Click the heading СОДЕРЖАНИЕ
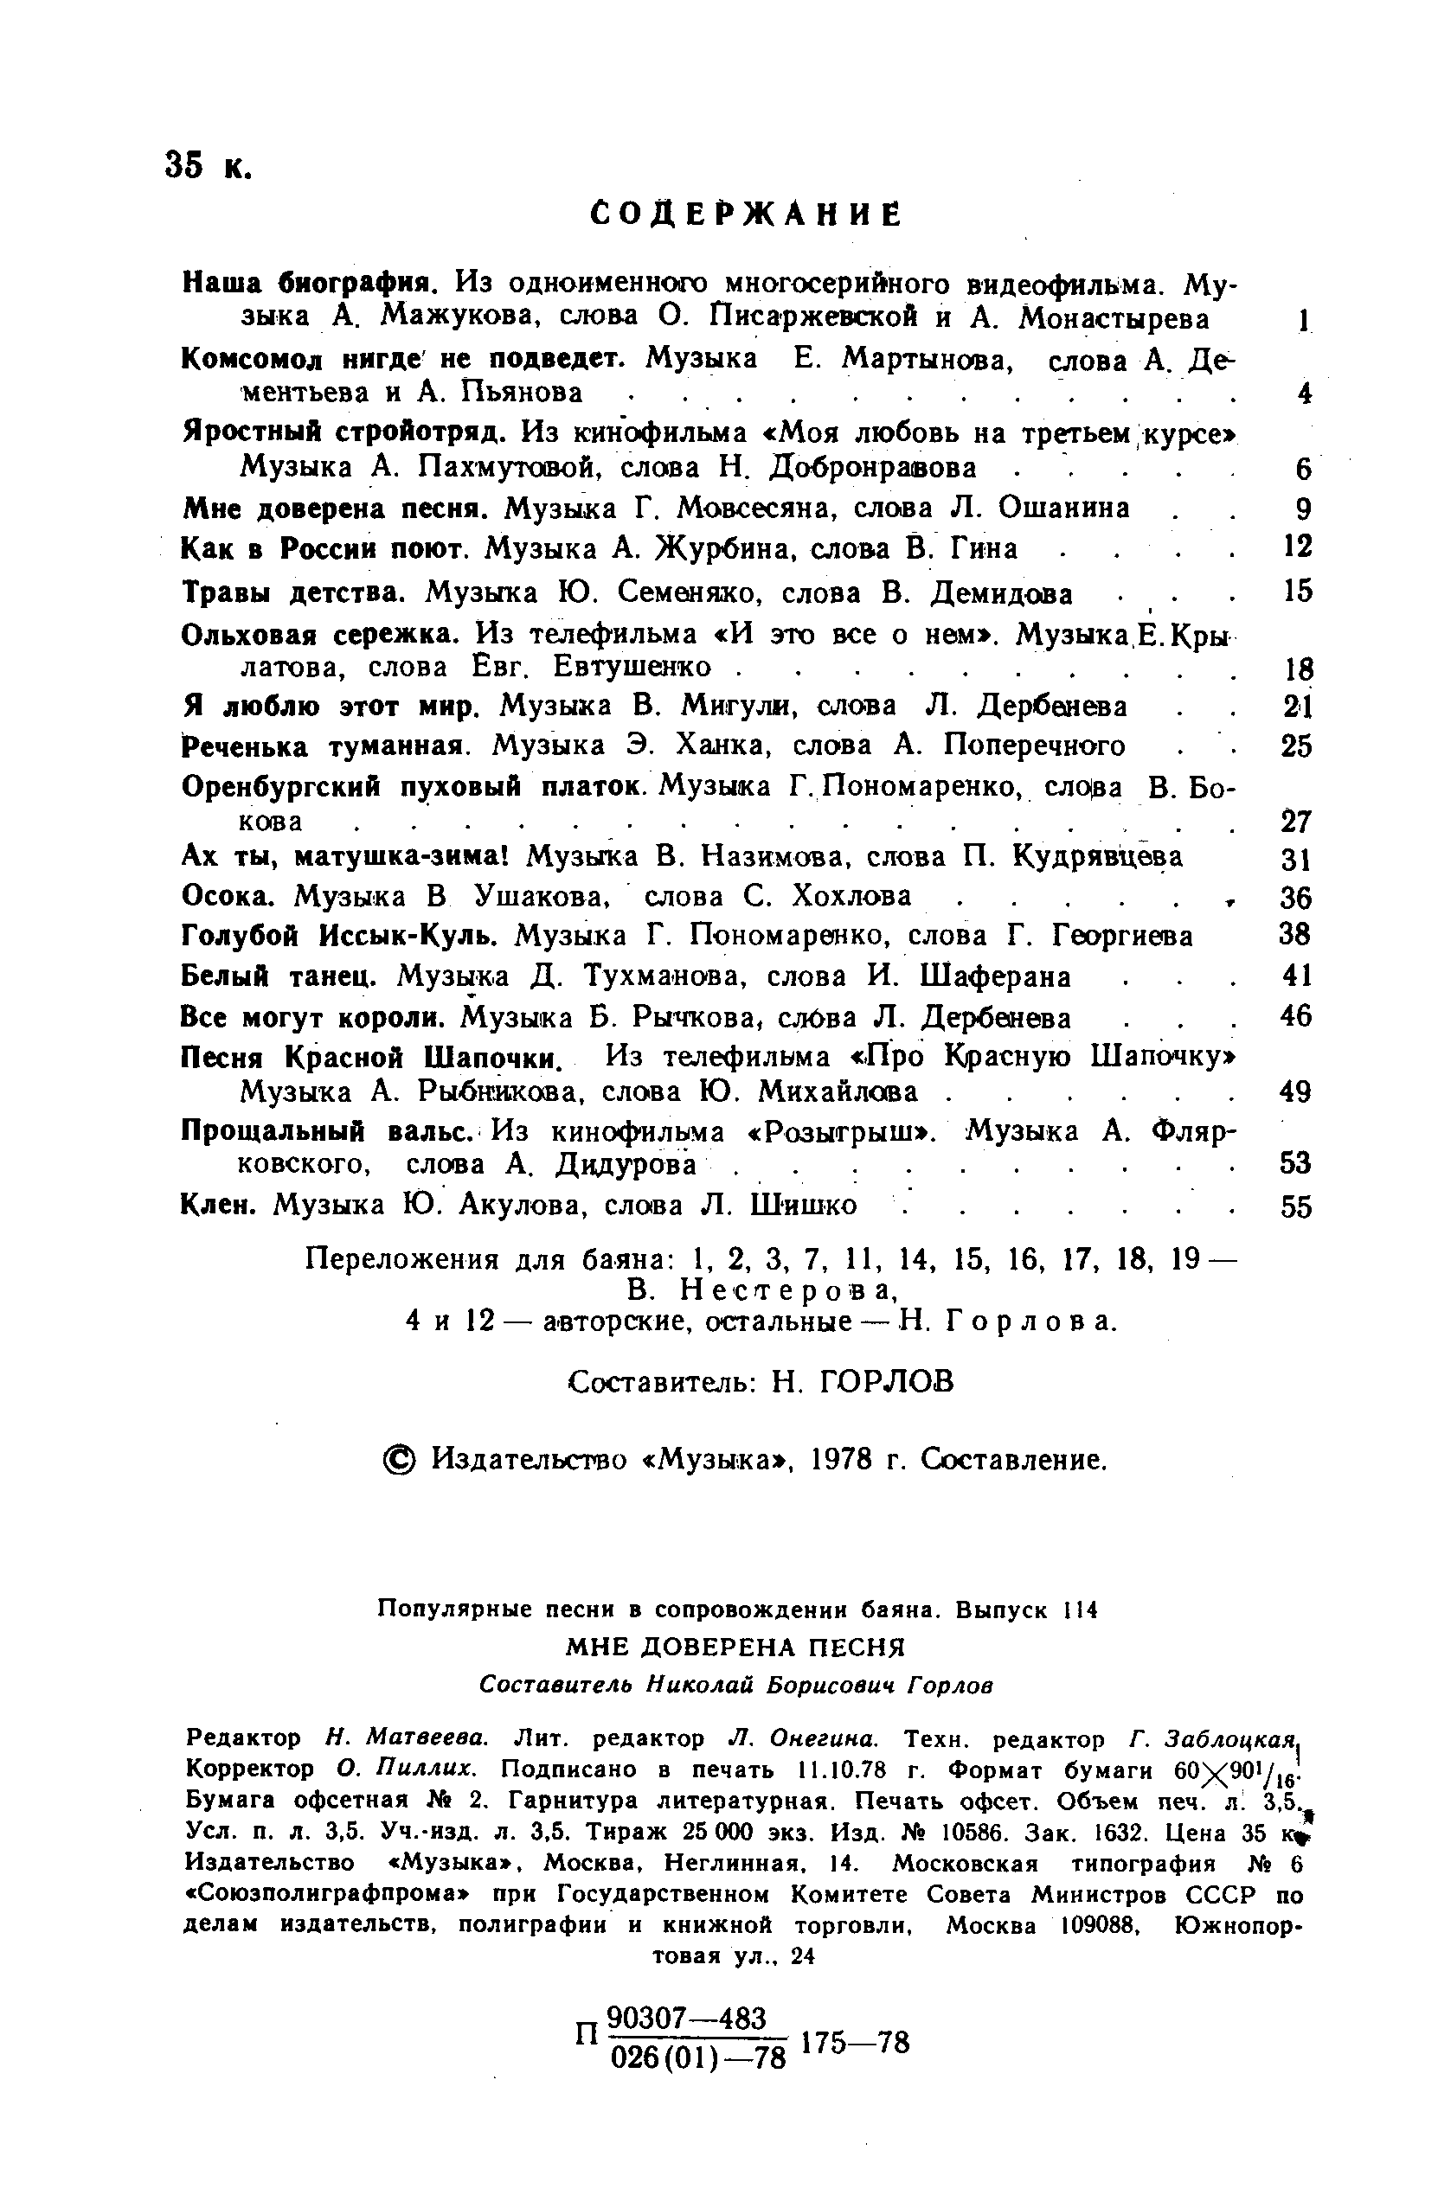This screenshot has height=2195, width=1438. click(x=745, y=214)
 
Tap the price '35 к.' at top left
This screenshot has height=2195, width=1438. click(x=209, y=166)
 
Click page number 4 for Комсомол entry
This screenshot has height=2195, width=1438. click(x=1303, y=394)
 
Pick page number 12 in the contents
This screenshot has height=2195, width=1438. click(x=1298, y=547)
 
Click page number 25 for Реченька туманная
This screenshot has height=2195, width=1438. click(x=1297, y=746)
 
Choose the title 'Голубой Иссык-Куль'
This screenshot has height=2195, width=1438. click(x=339, y=936)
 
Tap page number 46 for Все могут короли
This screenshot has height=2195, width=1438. click(x=1297, y=1016)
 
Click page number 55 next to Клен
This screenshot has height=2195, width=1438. click(x=1297, y=1206)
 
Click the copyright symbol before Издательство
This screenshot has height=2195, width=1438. click(x=400, y=1459)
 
